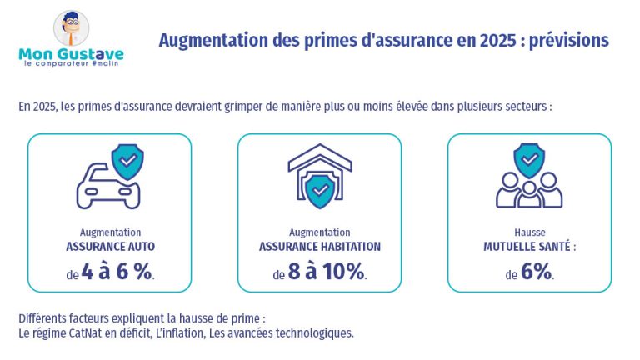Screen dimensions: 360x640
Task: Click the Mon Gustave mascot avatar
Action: (x=72, y=28)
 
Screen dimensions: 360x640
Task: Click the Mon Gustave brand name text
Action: (x=71, y=55)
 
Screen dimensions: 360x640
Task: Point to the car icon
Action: (x=107, y=188)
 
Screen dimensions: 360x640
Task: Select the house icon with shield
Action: (x=319, y=177)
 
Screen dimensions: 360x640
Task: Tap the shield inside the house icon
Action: (x=319, y=191)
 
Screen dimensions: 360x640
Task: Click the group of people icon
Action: (x=529, y=190)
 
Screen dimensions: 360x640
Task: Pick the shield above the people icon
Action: (x=529, y=159)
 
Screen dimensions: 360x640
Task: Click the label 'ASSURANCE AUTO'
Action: (x=110, y=247)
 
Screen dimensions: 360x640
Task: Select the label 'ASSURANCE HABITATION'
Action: (x=319, y=247)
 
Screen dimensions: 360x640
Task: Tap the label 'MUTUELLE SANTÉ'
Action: (x=529, y=247)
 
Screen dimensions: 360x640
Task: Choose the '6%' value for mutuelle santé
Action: (x=537, y=272)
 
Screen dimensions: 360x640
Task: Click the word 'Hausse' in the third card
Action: (x=529, y=232)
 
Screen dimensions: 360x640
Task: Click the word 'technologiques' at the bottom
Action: (x=312, y=333)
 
